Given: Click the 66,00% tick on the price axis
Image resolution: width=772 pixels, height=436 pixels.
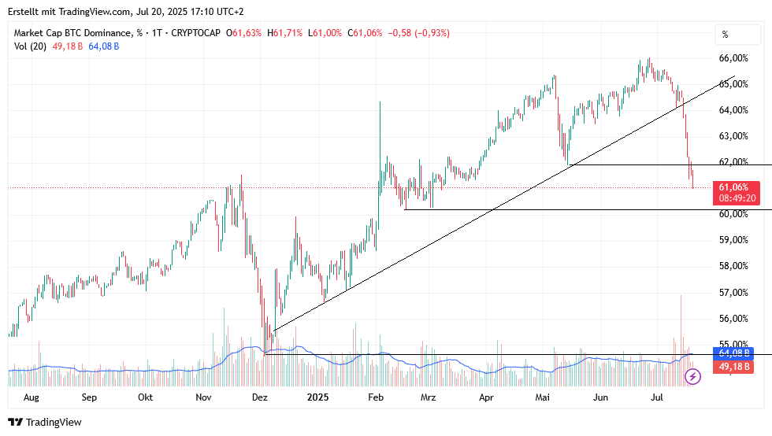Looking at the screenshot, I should point(733,58).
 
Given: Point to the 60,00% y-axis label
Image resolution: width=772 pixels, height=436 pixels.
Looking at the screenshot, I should point(733,214).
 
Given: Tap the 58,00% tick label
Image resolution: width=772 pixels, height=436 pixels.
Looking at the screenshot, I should point(733,266).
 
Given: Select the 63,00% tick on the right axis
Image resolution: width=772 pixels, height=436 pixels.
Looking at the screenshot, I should point(733,136).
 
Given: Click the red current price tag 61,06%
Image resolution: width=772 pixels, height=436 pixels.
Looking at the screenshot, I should point(737,187).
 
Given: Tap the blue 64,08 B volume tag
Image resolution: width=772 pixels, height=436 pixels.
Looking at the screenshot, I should point(733,353).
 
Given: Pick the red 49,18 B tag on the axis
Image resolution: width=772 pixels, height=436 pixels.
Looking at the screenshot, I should point(733,367).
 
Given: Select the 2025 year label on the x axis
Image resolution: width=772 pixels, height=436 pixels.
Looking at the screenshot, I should point(317,397).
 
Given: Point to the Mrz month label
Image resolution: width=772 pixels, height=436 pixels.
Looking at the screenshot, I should point(428,397).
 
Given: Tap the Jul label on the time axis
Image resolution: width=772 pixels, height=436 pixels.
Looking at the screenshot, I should point(658,397).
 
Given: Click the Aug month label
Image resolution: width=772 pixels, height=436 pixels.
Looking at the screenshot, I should point(32,397).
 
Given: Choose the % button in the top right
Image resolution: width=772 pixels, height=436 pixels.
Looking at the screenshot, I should point(726,35).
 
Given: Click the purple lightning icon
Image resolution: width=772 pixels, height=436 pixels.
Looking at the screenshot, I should point(692,377).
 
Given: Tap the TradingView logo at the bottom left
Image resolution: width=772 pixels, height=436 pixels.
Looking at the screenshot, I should point(45,423).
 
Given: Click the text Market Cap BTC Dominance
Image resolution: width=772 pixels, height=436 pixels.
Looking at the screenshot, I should point(72,33).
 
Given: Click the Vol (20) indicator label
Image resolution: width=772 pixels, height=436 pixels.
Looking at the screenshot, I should point(30,46).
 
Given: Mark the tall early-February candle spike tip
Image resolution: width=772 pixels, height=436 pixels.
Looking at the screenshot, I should point(380,102).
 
